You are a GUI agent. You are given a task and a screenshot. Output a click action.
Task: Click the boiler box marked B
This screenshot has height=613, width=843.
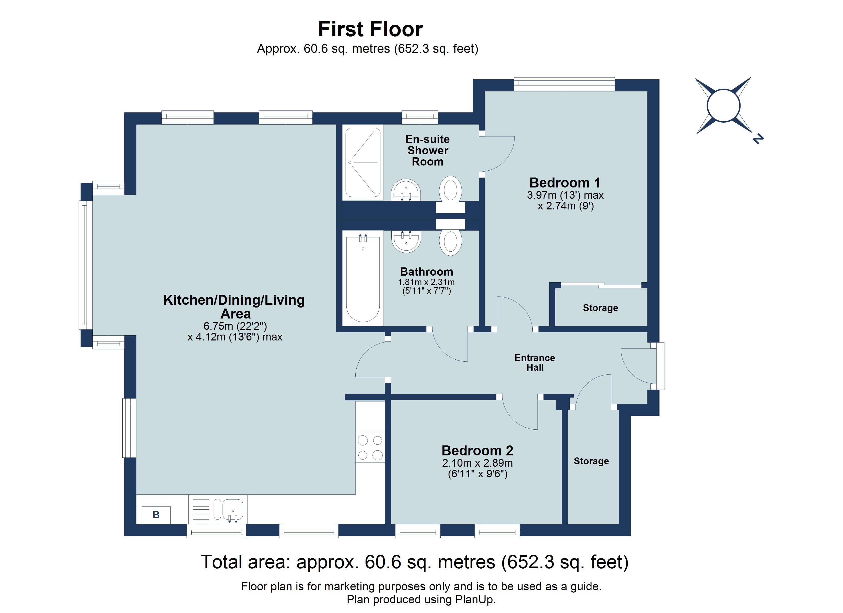pyautogui.click(x=156, y=515)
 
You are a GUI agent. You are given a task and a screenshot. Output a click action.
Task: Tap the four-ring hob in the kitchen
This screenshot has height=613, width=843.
pyautogui.click(x=370, y=447)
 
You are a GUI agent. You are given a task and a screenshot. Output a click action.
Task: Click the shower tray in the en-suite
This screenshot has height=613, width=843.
pyautogui.click(x=363, y=162)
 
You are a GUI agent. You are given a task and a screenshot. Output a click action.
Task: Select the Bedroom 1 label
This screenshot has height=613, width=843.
pyautogui.click(x=565, y=183)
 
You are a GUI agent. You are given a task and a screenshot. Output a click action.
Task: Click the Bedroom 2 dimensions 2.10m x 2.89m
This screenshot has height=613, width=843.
pyautogui.click(x=477, y=463)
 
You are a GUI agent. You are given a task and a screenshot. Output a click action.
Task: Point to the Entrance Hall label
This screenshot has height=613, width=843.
pyautogui.click(x=534, y=362)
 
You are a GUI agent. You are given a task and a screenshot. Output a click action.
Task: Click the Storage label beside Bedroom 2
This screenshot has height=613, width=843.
pyautogui.click(x=591, y=461)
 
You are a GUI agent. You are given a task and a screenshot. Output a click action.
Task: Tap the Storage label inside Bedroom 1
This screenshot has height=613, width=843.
pyautogui.click(x=600, y=308)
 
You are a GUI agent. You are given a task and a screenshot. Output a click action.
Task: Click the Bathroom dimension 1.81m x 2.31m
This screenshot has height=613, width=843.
pyautogui.click(x=426, y=282)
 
